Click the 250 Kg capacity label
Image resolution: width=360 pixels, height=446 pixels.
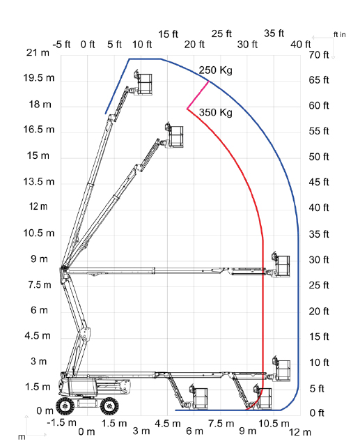215,70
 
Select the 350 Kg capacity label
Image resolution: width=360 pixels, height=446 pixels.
215,113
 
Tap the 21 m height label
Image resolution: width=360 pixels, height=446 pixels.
38,53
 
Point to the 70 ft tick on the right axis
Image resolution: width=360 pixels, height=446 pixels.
319,54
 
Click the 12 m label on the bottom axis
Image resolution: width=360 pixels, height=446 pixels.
300,432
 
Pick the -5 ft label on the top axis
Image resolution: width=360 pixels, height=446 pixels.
61,45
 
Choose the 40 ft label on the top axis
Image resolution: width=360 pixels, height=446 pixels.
301,45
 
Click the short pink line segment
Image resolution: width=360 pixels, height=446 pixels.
198,95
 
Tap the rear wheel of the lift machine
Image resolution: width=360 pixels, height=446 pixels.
65,406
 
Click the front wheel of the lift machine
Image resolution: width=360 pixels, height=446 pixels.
110,406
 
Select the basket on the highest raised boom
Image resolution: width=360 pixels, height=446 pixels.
144,84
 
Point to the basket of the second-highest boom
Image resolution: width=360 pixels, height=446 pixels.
175,136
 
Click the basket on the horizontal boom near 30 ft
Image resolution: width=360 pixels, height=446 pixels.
282,266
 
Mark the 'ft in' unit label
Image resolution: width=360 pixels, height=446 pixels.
340,35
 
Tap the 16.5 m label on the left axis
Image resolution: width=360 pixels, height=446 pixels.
38,130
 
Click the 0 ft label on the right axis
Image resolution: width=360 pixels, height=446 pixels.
317,413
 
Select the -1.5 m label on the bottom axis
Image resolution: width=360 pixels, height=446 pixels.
62,423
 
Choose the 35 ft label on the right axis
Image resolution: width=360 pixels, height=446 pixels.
319,234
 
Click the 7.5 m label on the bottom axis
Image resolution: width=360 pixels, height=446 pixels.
221,424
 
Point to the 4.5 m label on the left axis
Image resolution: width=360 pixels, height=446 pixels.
38,336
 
